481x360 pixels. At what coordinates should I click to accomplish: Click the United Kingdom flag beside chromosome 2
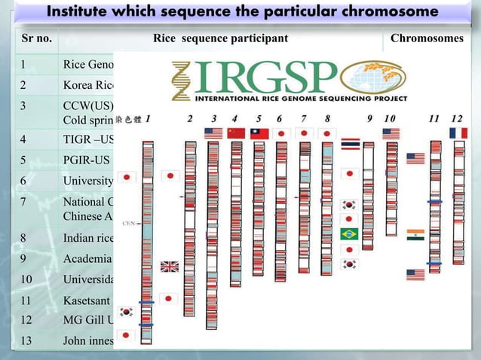click(x=170, y=267)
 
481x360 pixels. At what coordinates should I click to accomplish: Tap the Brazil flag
click(x=349, y=233)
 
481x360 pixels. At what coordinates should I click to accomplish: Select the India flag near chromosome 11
click(x=415, y=234)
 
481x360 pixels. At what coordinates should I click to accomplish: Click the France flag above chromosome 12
click(x=458, y=133)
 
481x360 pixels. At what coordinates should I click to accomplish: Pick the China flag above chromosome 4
click(x=237, y=133)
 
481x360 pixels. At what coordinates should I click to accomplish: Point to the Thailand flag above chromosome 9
click(x=349, y=144)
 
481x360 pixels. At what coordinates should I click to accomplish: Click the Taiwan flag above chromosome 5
click(x=259, y=133)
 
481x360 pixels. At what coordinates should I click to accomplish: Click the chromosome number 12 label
click(x=457, y=118)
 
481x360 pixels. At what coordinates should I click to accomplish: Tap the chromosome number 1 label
click(x=148, y=118)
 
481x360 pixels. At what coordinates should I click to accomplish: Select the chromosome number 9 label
click(x=369, y=118)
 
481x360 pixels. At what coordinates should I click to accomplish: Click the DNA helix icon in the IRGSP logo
click(x=181, y=80)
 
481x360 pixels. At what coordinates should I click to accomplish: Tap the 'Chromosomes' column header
click(x=427, y=38)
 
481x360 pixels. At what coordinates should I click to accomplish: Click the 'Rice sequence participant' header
click(x=220, y=38)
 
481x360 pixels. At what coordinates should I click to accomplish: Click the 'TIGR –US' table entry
click(x=87, y=139)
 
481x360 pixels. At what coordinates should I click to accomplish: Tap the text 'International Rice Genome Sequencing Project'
click(x=302, y=99)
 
